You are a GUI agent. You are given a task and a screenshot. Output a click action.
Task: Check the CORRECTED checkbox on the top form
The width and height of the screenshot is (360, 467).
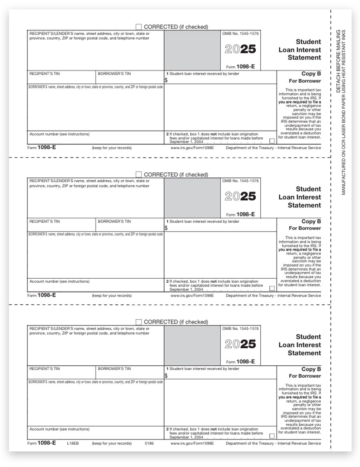click(139, 27)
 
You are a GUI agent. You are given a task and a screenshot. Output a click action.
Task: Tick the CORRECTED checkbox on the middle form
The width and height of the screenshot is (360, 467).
click(139, 174)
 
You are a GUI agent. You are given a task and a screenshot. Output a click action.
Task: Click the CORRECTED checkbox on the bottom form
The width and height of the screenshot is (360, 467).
click(139, 322)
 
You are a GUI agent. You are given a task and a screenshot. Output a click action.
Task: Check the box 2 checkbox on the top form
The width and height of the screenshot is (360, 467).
click(272, 141)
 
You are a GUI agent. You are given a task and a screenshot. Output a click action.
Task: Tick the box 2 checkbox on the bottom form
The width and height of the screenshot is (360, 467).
click(272, 436)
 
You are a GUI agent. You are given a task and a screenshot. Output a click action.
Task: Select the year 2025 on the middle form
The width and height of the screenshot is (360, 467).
click(241, 197)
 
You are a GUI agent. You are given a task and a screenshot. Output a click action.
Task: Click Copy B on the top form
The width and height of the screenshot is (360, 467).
click(311, 74)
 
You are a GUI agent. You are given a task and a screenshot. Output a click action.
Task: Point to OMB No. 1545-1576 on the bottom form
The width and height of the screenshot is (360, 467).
click(240, 329)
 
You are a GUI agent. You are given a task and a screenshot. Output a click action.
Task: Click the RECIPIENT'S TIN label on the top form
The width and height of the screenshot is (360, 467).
click(45, 74)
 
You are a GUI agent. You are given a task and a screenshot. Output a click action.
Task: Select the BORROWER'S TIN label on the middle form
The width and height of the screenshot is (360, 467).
click(114, 221)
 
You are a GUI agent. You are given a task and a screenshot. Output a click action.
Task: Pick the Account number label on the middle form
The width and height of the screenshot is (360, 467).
click(60, 281)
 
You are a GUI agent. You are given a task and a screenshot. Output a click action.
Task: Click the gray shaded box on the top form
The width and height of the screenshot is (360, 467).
click(192, 50)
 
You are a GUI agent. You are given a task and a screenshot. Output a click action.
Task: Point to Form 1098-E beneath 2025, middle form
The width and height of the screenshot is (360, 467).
click(241, 214)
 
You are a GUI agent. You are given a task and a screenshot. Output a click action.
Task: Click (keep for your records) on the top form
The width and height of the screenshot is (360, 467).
click(112, 148)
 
